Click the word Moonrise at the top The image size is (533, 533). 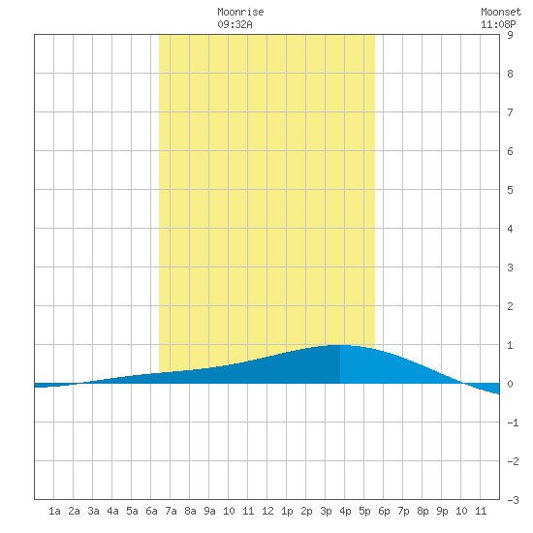click(240, 12)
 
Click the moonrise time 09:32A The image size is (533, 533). click(235, 24)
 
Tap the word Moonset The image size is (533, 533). click(501, 12)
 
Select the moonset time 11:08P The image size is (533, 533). click(498, 24)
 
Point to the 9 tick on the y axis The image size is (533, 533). click(510, 35)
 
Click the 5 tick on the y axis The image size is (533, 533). click(510, 190)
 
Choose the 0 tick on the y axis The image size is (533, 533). click(510, 384)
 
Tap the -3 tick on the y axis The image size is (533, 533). click(513, 500)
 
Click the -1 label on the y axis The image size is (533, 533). click(513, 423)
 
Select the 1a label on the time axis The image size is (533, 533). click(54, 511)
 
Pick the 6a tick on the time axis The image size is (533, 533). click(151, 511)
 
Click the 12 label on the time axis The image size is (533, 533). click(267, 511)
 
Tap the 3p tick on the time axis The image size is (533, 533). click(326, 511)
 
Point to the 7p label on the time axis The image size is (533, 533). click(403, 511)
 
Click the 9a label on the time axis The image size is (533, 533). click(209, 511)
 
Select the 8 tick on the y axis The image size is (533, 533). click(510, 74)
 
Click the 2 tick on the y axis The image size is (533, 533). click(510, 306)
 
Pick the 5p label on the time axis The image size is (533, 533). click(364, 511)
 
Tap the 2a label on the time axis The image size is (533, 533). click(74, 511)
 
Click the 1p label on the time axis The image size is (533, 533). click(287, 511)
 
